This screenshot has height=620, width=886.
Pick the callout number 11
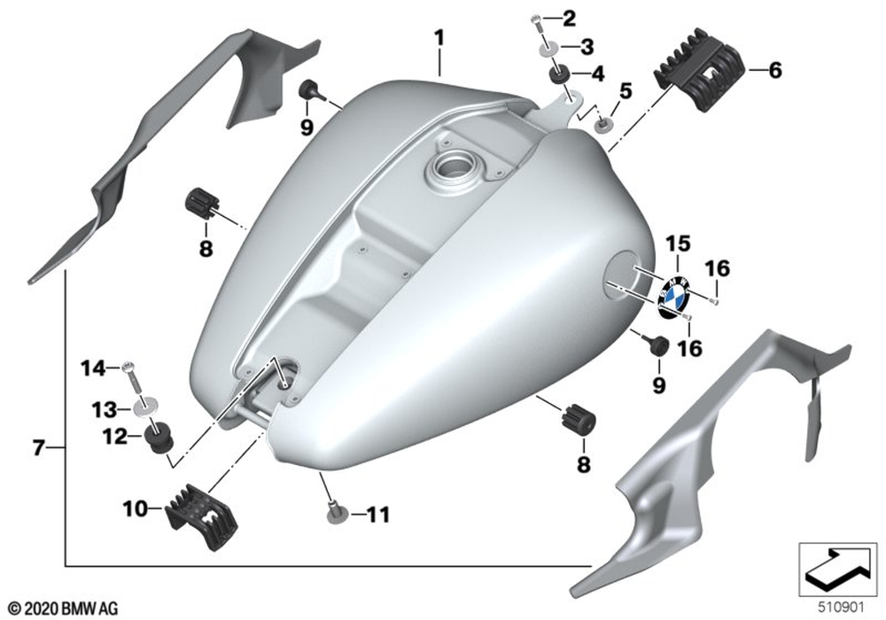pos(378,513)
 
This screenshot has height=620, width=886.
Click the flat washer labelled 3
pos(548,46)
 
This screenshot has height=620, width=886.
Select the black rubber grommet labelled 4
pos(561,74)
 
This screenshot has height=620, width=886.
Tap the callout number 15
pos(677,244)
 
